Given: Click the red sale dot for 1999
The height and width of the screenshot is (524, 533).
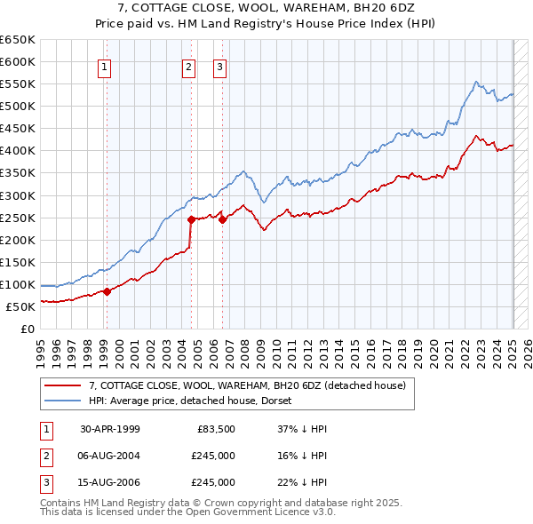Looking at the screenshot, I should pos(107,291).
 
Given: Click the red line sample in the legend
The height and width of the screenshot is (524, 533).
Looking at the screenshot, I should pos(61,385).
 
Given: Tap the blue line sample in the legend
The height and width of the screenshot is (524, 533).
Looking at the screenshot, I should pos(61,401).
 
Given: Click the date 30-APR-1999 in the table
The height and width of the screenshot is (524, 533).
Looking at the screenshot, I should pos(110,429).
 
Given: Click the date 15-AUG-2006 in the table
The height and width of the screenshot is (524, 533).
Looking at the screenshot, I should pos(110,482).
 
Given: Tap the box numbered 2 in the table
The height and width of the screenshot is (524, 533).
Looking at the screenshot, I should pos(44,456).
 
